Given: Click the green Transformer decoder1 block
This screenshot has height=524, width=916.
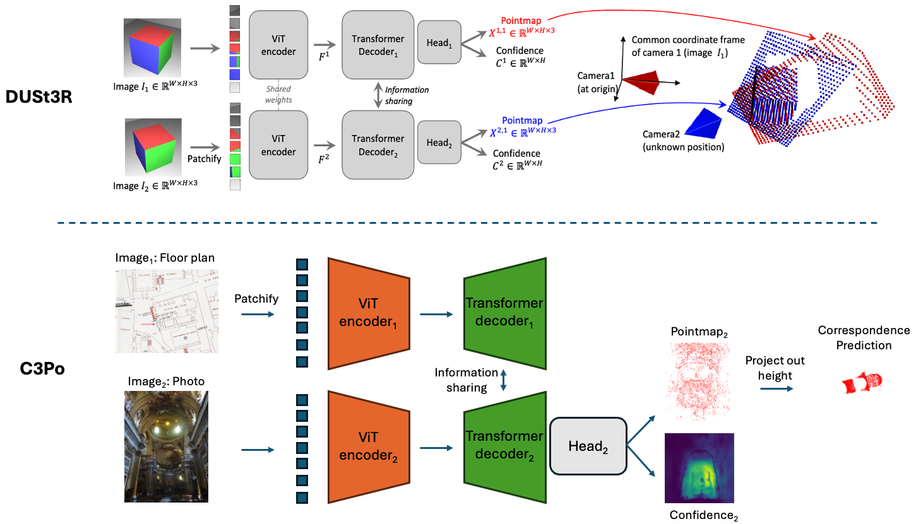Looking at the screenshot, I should [x=504, y=312].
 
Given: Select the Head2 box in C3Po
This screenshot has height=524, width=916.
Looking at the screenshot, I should [x=588, y=446].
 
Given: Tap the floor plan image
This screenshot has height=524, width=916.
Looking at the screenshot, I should [x=167, y=310].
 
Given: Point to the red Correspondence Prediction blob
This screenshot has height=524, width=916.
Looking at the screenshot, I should [x=863, y=383].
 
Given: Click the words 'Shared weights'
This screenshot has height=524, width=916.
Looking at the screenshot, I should [x=278, y=94].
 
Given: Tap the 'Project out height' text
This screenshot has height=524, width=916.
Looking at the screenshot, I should [x=775, y=368].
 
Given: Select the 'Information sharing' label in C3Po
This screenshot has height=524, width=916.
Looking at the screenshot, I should [x=467, y=380].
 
